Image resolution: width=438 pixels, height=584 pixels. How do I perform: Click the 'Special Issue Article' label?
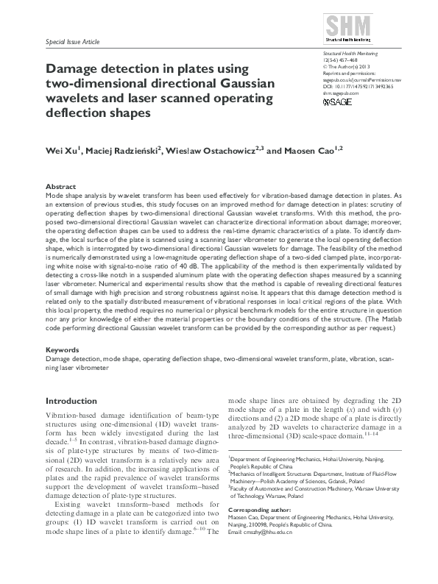[72, 42]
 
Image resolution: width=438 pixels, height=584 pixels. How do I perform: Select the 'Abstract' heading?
[60, 187]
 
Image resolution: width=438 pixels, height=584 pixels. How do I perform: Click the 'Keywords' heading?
[63, 349]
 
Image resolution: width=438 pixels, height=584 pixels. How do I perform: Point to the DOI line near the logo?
[358, 86]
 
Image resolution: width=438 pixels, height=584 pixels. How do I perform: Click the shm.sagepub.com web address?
[341, 93]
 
